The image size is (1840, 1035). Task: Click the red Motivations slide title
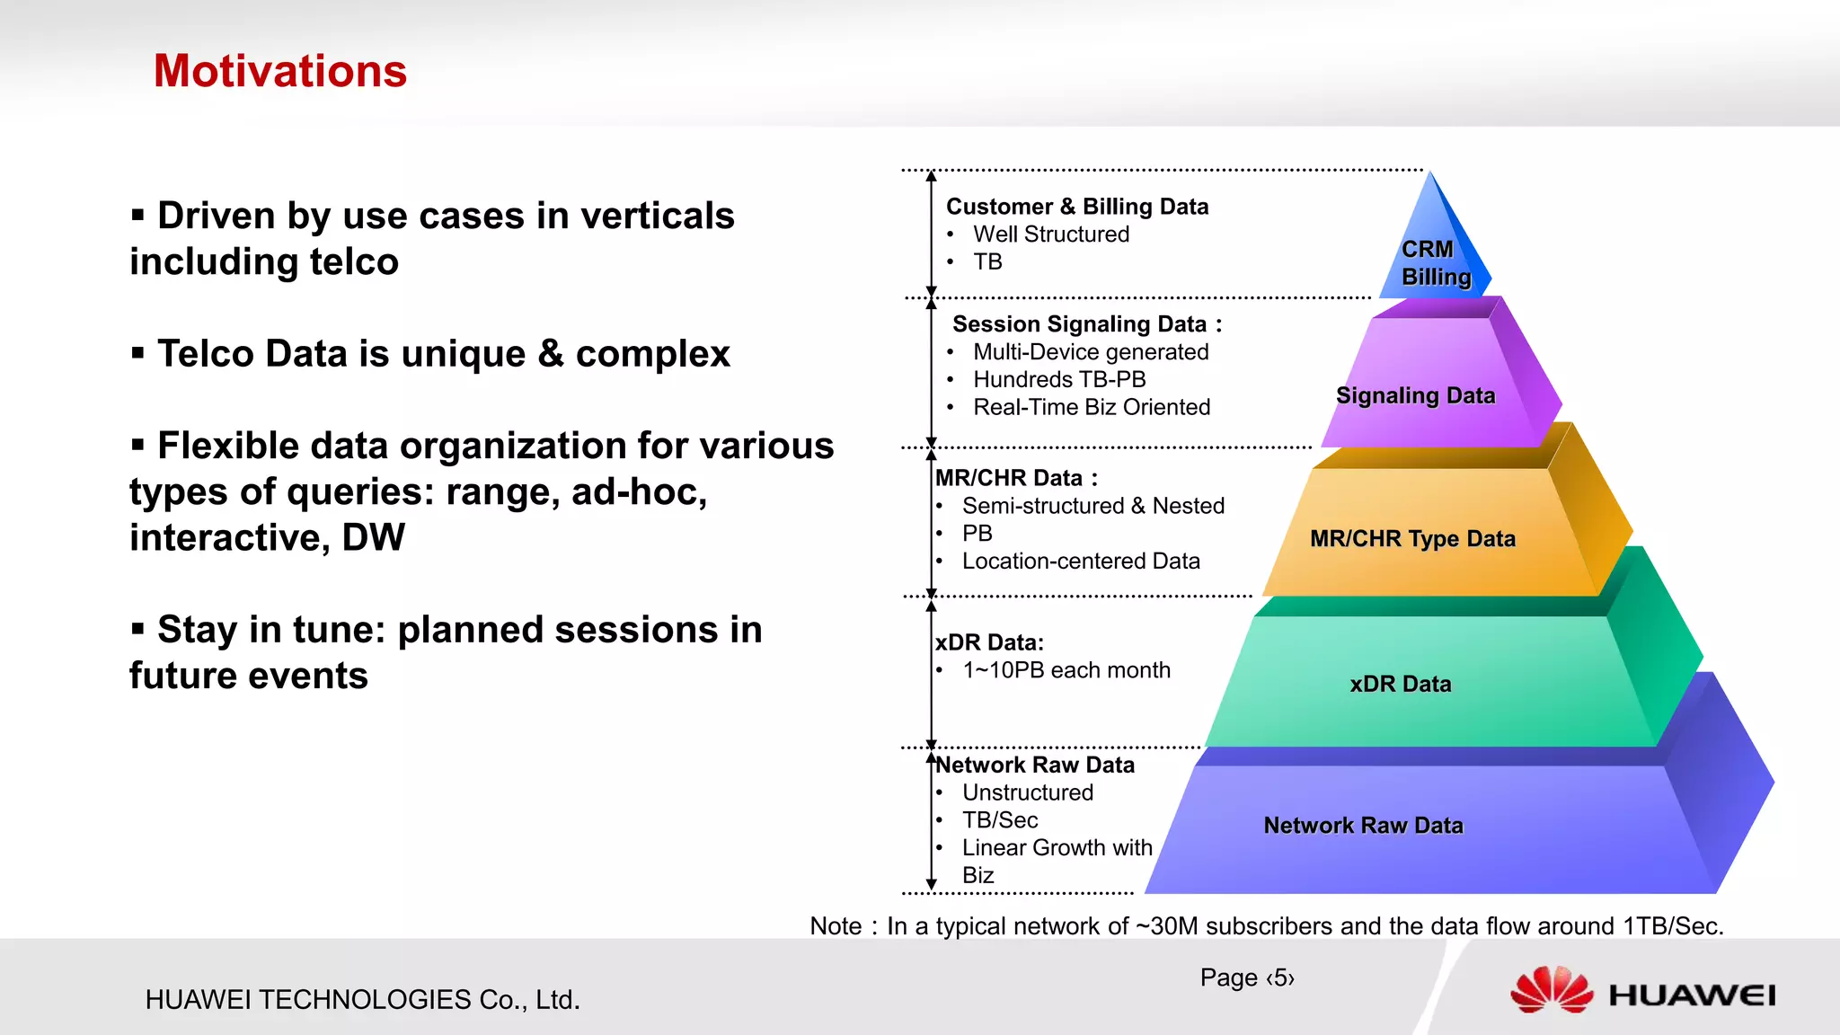click(280, 71)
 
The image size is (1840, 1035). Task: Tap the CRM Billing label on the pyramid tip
click(1436, 263)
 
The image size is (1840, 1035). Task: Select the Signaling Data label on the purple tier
click(1415, 395)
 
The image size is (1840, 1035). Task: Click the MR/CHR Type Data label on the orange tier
click(1412, 538)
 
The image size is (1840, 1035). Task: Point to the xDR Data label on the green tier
click(1400, 684)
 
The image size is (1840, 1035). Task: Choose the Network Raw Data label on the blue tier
click(1363, 825)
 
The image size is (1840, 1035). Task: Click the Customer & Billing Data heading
click(1076, 207)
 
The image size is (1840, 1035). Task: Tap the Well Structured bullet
click(1050, 234)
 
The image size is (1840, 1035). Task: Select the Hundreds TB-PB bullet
click(1058, 379)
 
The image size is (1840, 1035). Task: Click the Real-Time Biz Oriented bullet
click(1091, 407)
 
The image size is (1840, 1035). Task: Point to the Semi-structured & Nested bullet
click(1092, 506)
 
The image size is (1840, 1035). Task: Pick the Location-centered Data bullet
click(1080, 562)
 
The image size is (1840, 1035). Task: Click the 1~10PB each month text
click(1066, 670)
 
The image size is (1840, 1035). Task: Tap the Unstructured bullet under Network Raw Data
click(1027, 792)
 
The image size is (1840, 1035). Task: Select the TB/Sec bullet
click(999, 820)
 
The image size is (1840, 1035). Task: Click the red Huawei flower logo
click(1551, 991)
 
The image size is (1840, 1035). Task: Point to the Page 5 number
click(1246, 977)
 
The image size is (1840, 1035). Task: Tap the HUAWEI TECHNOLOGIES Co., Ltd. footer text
click(362, 999)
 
